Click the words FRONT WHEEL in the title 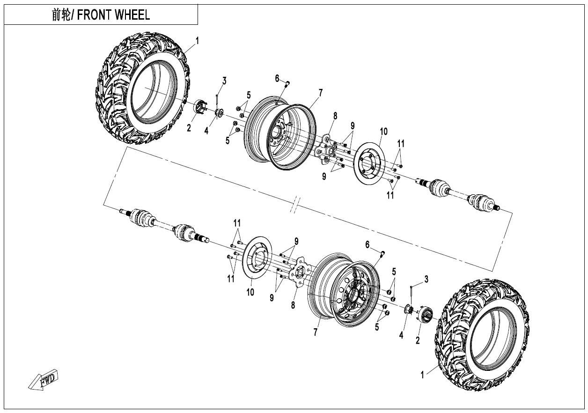(114, 15)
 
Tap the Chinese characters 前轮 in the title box (61, 15)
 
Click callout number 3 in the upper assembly (224, 81)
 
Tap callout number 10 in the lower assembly (250, 292)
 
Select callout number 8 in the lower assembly (294, 305)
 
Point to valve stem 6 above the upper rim (287, 84)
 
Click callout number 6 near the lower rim (367, 244)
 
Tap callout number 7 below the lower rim (316, 332)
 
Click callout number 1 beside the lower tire (423, 375)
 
